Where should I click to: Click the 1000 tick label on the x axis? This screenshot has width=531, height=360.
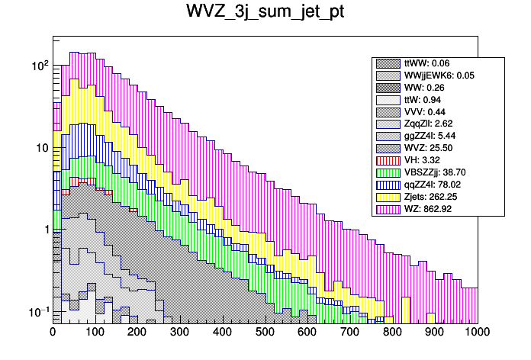tap(477, 332)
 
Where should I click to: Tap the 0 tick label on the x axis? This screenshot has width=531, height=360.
tap(53, 332)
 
